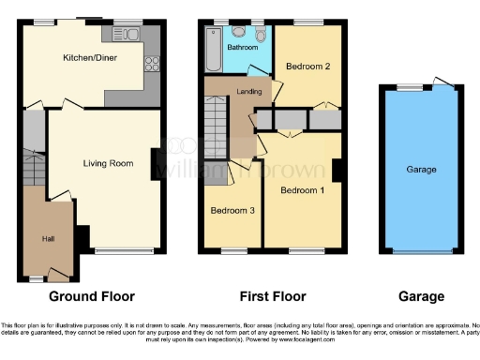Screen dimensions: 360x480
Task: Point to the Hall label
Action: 47,239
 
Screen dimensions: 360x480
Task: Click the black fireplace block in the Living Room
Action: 155,160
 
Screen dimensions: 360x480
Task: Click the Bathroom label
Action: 241,46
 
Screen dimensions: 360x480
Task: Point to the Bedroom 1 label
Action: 302,190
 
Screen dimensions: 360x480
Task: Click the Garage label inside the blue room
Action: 420,170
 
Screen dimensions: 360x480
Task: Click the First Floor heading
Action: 273,296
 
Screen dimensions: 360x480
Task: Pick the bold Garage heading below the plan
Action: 421,296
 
